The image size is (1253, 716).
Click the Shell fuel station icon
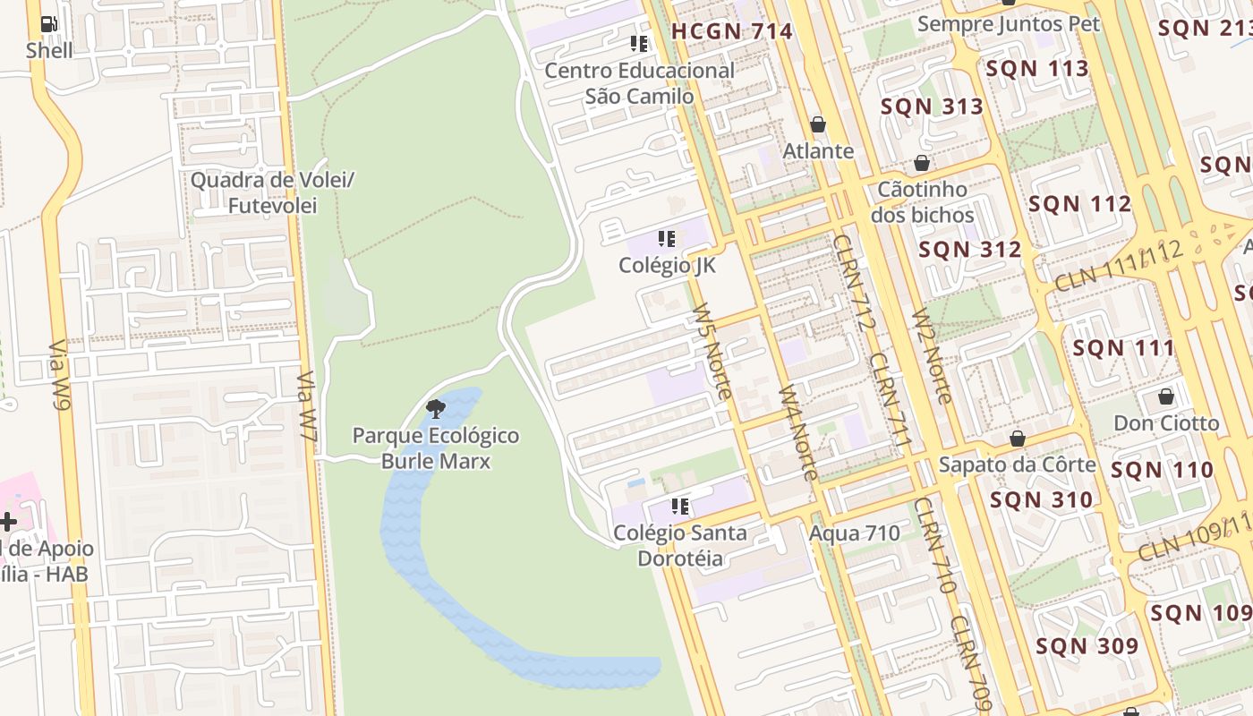pyautogui.click(x=49, y=25)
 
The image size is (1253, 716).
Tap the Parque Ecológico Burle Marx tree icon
pyautogui.click(x=436, y=410)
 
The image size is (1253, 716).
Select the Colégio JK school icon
pyautogui.click(x=667, y=239)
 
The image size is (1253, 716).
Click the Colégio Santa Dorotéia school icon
pyautogui.click(x=680, y=507)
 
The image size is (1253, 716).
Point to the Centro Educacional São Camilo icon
pyautogui.click(x=639, y=43)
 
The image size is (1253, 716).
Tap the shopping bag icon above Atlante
pyautogui.click(x=818, y=124)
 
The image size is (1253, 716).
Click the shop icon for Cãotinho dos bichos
pyautogui.click(x=922, y=163)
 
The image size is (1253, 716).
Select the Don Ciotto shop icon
pyautogui.click(x=1166, y=396)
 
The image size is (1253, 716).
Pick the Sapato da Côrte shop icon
pyautogui.click(x=1018, y=439)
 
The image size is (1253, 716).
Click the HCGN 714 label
pyautogui.click(x=732, y=31)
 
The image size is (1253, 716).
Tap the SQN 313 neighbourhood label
pyautogui.click(x=932, y=107)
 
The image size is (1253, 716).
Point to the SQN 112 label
pyautogui.click(x=1079, y=204)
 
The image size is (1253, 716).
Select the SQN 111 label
pyautogui.click(x=1123, y=348)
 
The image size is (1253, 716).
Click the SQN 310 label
pyautogui.click(x=1042, y=500)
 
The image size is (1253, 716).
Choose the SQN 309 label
pyautogui.click(x=1087, y=645)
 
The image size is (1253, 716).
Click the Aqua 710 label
pyautogui.click(x=855, y=533)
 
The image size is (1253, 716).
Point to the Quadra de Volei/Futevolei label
pyautogui.click(x=273, y=192)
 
